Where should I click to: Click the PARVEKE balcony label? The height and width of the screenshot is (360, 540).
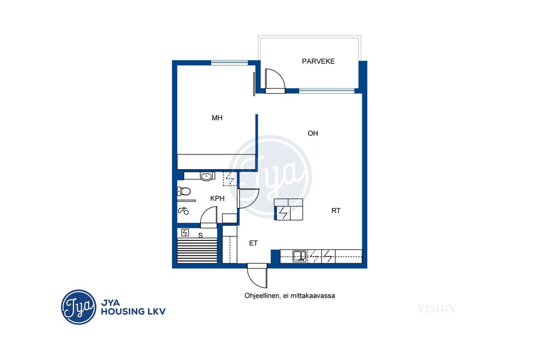point(318,61)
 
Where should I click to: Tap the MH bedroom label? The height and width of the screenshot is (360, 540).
point(217,118)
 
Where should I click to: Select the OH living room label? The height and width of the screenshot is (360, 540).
point(313,133)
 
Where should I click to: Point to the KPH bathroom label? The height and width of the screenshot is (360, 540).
point(217,198)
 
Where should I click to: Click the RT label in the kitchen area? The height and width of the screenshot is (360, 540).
point(336,211)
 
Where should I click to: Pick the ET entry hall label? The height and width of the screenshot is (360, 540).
point(253,244)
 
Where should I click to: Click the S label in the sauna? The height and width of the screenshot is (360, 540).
point(201,236)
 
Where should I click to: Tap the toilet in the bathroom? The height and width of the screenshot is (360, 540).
point(184,191)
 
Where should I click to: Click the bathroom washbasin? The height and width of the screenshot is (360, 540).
point(206,177)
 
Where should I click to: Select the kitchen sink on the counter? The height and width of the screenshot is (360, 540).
point(299,256)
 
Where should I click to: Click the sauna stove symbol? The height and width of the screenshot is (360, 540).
point(185,232)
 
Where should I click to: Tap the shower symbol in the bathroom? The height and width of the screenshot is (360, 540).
point(183,211)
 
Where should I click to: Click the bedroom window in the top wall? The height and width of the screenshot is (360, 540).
point(229,63)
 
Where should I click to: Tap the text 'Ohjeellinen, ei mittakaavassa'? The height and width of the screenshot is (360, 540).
point(290,296)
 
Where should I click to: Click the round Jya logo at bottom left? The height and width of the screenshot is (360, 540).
point(79,307)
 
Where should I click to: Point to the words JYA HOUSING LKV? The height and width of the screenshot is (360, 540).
point(133,307)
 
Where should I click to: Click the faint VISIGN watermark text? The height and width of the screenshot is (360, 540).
point(437,309)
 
